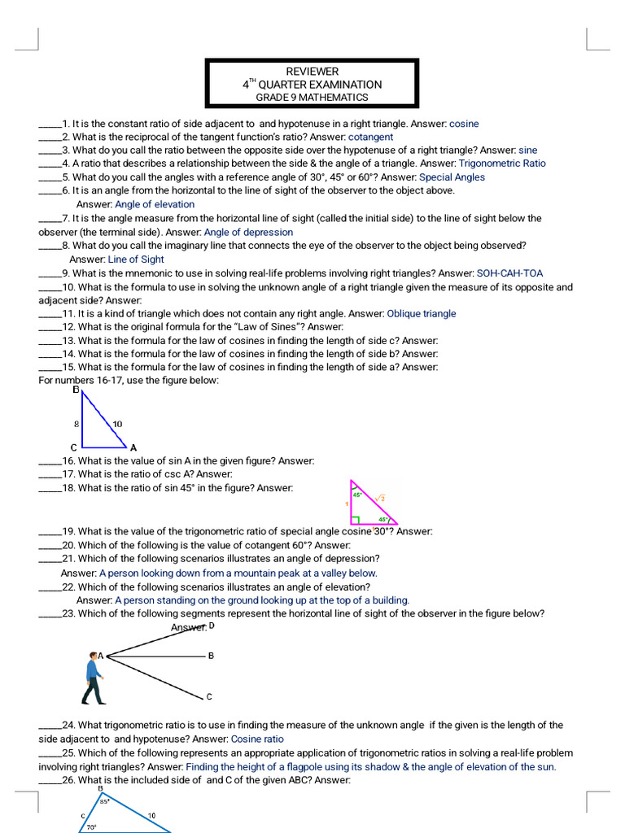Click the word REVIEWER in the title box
tap(312, 72)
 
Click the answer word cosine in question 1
tap(464, 124)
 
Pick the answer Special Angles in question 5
tap(452, 177)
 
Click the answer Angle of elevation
tap(155, 204)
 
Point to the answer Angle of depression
tap(248, 232)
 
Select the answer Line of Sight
tap(136, 259)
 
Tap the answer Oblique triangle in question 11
tap(422, 313)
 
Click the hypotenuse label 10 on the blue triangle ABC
tap(117, 424)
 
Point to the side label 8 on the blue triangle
tap(76, 424)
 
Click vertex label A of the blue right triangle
tap(133, 447)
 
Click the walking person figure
tap(94, 677)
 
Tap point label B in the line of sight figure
tap(211, 656)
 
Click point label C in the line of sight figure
tap(209, 697)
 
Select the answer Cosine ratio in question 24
tap(257, 739)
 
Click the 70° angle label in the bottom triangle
tap(92, 827)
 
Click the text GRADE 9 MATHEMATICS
tap(312, 98)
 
